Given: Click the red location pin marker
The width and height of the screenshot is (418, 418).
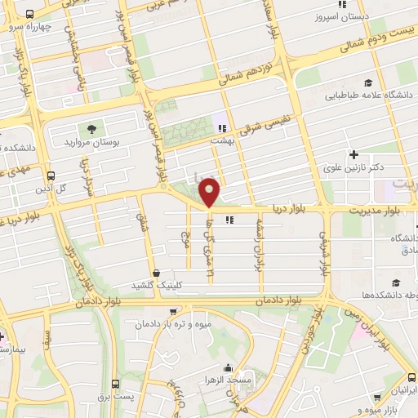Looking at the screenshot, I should [210, 191].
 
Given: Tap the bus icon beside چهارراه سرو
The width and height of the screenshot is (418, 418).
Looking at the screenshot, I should [30, 15].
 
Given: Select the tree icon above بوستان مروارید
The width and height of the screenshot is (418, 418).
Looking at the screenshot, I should [91, 129].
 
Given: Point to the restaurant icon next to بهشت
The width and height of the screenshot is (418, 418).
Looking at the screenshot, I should [221, 127].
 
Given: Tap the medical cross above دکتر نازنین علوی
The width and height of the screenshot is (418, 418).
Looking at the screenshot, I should [353, 154].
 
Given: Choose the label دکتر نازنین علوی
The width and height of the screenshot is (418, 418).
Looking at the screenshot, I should [354, 167].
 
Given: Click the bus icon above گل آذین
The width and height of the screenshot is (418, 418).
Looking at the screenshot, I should [51, 176].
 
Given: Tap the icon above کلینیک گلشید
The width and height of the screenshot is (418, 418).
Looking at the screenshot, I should [155, 272].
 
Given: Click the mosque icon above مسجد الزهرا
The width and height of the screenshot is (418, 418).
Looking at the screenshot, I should [229, 369].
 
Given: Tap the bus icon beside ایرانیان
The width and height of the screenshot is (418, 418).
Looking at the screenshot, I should [411, 379].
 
